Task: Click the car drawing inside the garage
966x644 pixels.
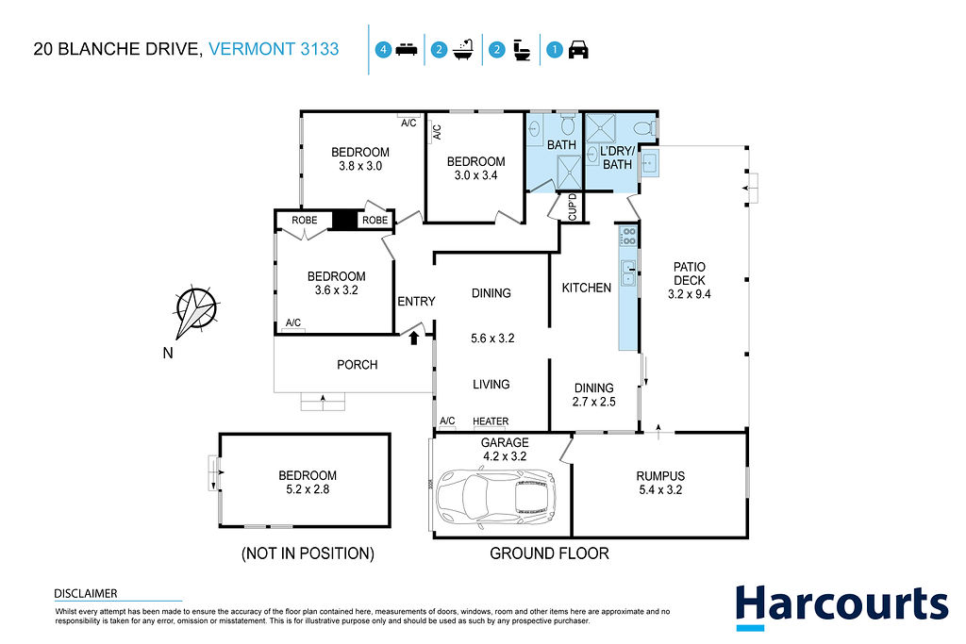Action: [x=495, y=499]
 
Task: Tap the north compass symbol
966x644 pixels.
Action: [x=196, y=311]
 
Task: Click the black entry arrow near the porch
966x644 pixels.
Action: [x=414, y=338]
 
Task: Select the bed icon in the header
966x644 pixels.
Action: [x=407, y=49]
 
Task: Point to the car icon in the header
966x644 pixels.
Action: [x=578, y=49]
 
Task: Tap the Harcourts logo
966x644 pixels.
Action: [x=841, y=606]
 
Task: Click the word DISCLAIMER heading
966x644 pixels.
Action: [x=86, y=593]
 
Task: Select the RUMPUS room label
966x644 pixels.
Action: [x=660, y=476]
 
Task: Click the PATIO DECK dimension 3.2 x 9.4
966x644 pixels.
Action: [x=690, y=294]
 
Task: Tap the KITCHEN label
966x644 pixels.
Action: [x=587, y=288]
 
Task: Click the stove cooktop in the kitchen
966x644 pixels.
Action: [x=627, y=236]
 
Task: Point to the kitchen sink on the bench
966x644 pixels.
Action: [x=627, y=273]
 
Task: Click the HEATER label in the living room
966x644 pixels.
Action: [x=491, y=421]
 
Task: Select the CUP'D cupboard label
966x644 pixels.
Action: [x=573, y=207]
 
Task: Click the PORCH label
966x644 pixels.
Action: [x=358, y=365]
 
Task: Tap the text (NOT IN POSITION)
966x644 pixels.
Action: [x=308, y=553]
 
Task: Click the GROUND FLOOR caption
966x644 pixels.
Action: [x=550, y=553]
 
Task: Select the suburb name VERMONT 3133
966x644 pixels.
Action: [x=274, y=49]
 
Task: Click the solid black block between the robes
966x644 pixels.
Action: [x=344, y=220]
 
